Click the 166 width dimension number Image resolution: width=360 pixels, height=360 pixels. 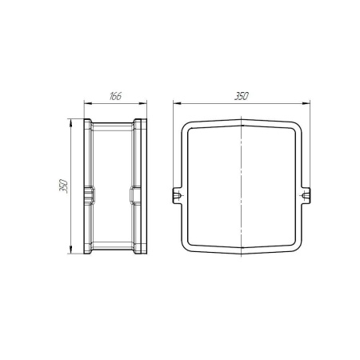[115, 96]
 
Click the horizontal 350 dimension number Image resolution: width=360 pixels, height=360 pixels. [242, 96]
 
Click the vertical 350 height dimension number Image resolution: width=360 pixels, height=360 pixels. [64, 186]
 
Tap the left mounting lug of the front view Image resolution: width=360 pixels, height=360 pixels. [178, 196]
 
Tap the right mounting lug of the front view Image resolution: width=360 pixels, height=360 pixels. [306, 196]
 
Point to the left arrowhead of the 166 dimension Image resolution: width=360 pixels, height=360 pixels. [88, 104]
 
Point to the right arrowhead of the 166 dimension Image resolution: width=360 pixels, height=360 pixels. [143, 104]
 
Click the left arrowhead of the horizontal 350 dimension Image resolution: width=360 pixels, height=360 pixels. [177, 103]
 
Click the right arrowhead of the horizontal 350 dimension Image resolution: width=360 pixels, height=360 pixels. [306, 103]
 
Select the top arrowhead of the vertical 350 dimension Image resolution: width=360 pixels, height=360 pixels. [70, 123]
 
